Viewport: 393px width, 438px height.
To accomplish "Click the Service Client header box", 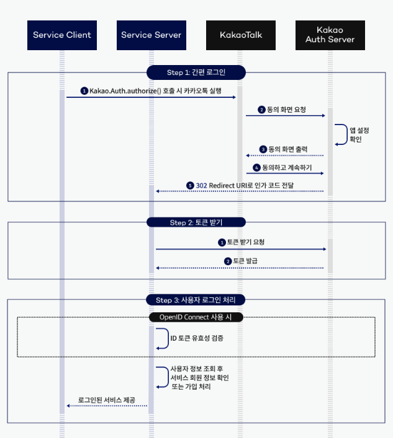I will click(62, 35).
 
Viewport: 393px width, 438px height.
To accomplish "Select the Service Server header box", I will click(151, 35).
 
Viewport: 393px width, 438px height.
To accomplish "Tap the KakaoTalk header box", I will click(241, 35).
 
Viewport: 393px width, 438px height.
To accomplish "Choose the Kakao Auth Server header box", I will click(330, 35).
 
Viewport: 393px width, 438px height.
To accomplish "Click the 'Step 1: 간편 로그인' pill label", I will click(196, 72).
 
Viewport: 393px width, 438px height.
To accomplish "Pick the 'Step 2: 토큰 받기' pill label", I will click(196, 222).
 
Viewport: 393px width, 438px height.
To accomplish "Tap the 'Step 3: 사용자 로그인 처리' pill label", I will click(196, 300).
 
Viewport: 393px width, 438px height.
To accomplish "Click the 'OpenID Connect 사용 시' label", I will click(196, 317).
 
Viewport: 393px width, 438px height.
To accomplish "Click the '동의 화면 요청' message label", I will click(286, 109).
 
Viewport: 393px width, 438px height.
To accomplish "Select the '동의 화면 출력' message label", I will click(287, 149).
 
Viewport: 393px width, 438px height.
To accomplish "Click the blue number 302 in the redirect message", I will click(202, 185).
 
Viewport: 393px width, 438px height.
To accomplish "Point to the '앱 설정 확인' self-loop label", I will click(359, 134).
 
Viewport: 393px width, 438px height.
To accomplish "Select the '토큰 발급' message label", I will click(245, 261).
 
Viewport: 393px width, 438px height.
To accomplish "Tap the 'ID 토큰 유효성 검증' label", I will click(197, 338).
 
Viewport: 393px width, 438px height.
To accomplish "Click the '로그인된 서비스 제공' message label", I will click(106, 400).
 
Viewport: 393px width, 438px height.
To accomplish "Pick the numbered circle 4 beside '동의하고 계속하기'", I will click(256, 167).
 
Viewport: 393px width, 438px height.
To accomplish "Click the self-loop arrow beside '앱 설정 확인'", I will click(341, 134).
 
